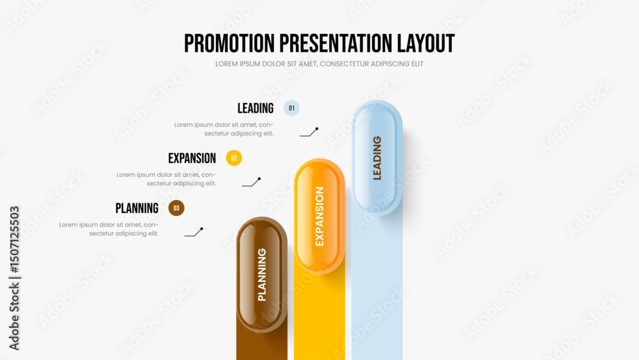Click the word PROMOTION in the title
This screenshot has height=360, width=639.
point(229,43)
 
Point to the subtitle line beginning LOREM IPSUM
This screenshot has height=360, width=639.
point(319,64)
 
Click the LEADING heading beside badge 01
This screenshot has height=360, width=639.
point(256,108)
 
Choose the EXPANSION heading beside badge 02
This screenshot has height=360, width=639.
point(192,158)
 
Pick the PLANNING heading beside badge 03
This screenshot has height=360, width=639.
point(137,208)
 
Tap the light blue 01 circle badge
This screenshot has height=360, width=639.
point(291,108)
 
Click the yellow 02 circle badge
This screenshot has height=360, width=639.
point(234,158)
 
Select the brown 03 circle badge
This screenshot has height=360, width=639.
point(176,208)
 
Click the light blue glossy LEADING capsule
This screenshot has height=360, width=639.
point(377,158)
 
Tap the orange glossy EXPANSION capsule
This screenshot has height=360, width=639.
point(319,216)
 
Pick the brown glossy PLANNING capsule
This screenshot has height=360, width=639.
point(261,274)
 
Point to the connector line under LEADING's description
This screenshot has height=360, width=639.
point(309,133)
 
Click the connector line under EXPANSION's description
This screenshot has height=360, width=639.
point(251,183)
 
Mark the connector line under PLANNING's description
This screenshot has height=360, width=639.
point(194,233)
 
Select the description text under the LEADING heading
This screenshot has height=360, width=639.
point(224,129)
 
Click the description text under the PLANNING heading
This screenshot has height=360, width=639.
point(109,229)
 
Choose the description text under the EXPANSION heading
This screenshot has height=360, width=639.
point(166,179)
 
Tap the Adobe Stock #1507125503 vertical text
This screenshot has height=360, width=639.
point(14,278)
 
